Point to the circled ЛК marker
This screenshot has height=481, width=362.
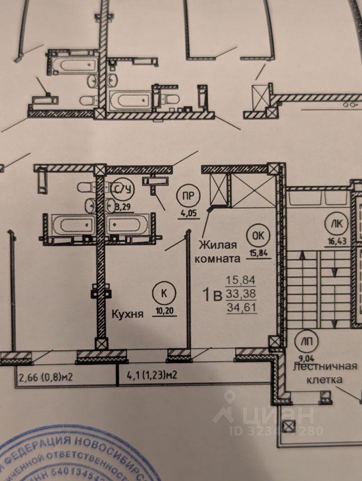click(333, 222)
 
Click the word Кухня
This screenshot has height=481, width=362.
click(127, 315)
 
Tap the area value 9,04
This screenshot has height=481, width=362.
click(303, 358)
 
